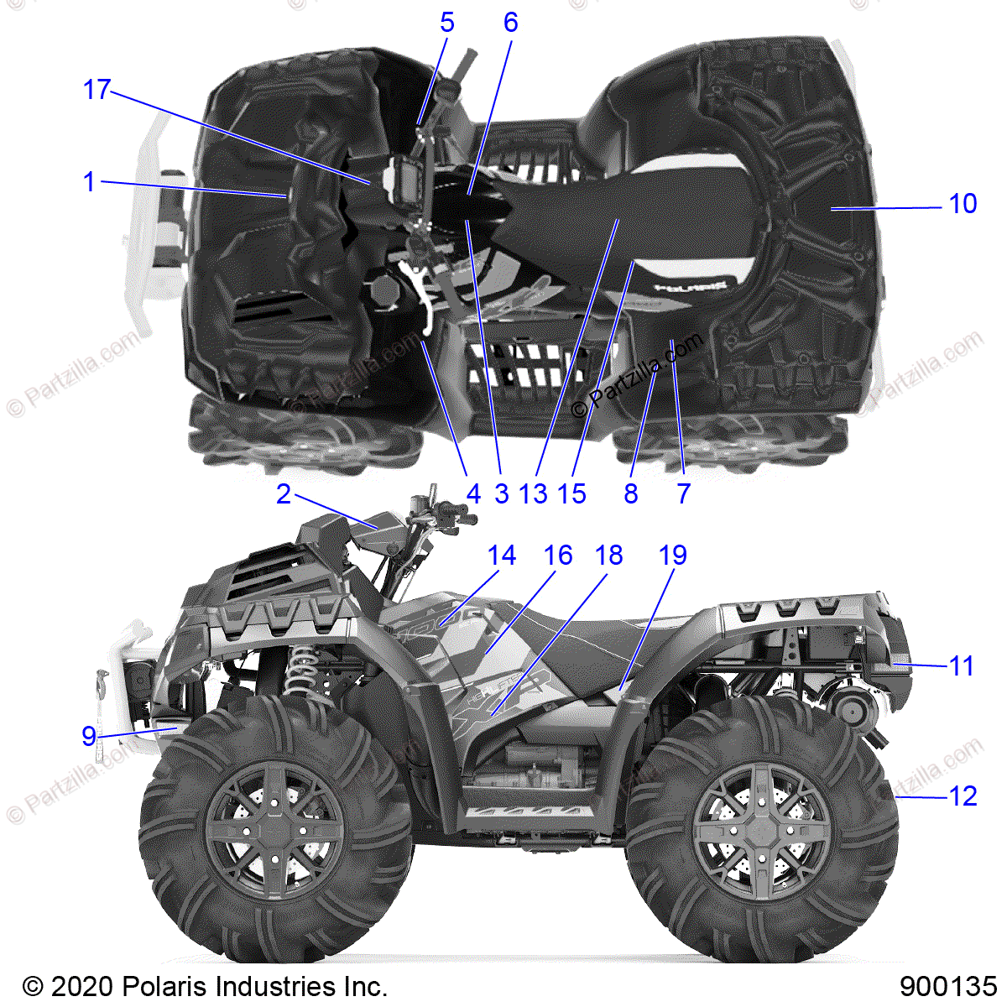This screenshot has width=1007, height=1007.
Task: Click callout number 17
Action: [x=97, y=89]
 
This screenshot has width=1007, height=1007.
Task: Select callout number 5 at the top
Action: [x=446, y=23]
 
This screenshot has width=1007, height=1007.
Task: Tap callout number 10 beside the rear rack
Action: [x=963, y=203]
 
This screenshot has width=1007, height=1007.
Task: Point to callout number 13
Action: [x=533, y=493]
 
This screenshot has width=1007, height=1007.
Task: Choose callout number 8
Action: [x=631, y=493]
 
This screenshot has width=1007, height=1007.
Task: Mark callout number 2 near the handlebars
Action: [x=284, y=494]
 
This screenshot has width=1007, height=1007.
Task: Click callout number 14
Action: [x=502, y=556]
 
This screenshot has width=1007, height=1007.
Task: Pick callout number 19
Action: [x=673, y=556]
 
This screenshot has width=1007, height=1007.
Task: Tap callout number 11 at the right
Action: [x=962, y=666]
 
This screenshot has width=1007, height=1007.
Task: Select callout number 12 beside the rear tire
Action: [x=963, y=796]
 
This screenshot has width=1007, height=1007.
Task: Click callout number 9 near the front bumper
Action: [x=88, y=736]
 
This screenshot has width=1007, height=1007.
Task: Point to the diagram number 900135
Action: [x=948, y=985]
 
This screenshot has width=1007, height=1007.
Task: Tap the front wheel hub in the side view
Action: [x=274, y=817]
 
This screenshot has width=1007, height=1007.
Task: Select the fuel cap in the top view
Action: [x=385, y=291]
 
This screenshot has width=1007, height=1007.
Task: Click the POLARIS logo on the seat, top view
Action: [x=690, y=285]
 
